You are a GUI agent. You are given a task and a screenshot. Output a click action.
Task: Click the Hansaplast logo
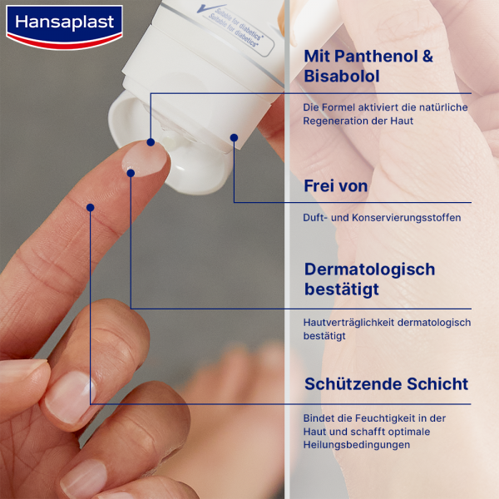click(x=63, y=23)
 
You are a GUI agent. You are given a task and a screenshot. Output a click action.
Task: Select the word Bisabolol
click(x=342, y=77)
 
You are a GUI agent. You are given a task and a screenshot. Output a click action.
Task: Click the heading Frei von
click(x=336, y=185)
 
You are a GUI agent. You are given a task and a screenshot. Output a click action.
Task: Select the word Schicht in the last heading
click(x=440, y=384)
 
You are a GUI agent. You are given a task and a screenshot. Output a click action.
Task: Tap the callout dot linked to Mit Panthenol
click(x=151, y=141)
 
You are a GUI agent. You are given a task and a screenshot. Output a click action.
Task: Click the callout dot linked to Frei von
click(x=234, y=137)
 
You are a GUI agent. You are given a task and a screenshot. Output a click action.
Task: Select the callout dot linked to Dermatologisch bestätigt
click(x=131, y=173)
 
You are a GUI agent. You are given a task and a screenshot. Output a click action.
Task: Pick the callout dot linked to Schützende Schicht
click(x=90, y=208)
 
